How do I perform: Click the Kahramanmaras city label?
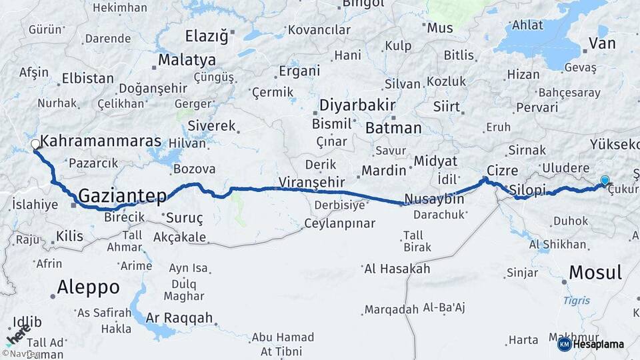coord(101,141)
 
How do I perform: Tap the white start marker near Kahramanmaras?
coord(35,144)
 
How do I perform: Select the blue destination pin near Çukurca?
coord(605,180)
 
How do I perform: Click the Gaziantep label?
coord(122,195)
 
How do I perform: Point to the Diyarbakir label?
coord(357,105)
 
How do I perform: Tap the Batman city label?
coord(393,127)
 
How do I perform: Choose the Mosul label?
coord(595,272)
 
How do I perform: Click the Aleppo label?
coord(88,287)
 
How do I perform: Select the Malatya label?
coord(187,60)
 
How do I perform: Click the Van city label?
coord(602,44)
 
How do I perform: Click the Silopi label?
coord(527,190)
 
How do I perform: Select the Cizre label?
coord(502,170)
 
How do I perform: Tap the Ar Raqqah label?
coord(179,317)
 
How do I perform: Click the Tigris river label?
coord(576,301)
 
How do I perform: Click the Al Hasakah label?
coord(397,269)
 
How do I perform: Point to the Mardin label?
coord(383,170)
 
